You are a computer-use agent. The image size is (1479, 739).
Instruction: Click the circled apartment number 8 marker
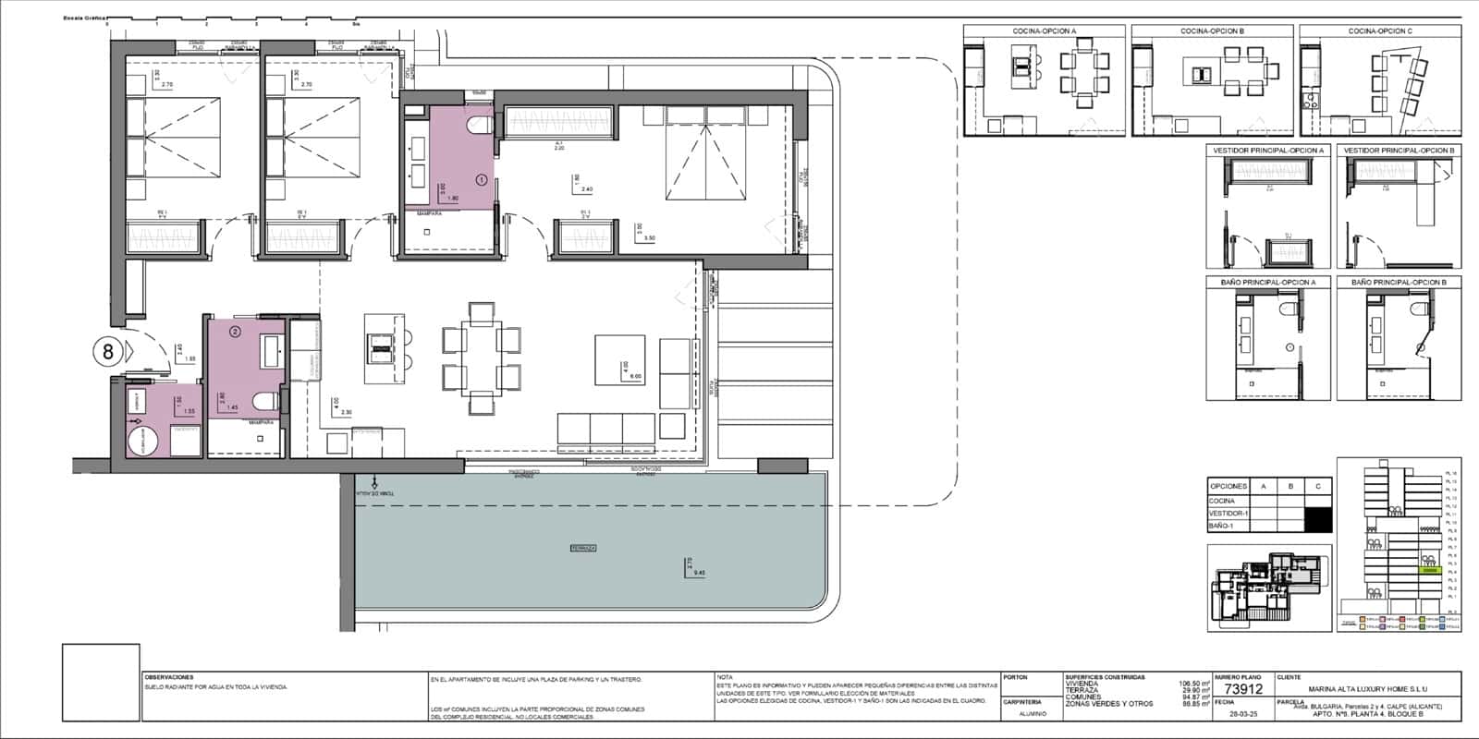pyautogui.click(x=108, y=351)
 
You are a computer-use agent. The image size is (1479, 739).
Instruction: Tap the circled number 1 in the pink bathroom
pyautogui.click(x=481, y=179)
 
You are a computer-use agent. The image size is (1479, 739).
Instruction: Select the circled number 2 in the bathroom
pyautogui.click(x=235, y=330)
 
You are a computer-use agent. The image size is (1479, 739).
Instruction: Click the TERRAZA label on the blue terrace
pyautogui.click(x=582, y=549)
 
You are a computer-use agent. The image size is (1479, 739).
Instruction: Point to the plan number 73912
pyautogui.click(x=1242, y=689)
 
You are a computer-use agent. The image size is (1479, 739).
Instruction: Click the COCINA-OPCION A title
pyautogui.click(x=1044, y=31)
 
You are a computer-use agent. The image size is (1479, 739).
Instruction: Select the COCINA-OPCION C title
pyautogui.click(x=1380, y=31)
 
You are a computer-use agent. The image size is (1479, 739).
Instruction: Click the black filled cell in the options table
pyautogui.click(x=1319, y=519)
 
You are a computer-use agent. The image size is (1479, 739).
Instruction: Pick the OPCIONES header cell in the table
pyautogui.click(x=1228, y=486)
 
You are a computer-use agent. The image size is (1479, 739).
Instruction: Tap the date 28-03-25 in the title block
pyautogui.click(x=1241, y=714)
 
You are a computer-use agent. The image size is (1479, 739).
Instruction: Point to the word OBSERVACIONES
pyautogui.click(x=168, y=677)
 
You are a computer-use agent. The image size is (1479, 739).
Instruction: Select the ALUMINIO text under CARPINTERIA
pyautogui.click(x=1033, y=713)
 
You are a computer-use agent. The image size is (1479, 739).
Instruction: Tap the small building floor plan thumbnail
pyautogui.click(x=1267, y=588)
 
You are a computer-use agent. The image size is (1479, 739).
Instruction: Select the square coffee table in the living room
pyautogui.click(x=619, y=359)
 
